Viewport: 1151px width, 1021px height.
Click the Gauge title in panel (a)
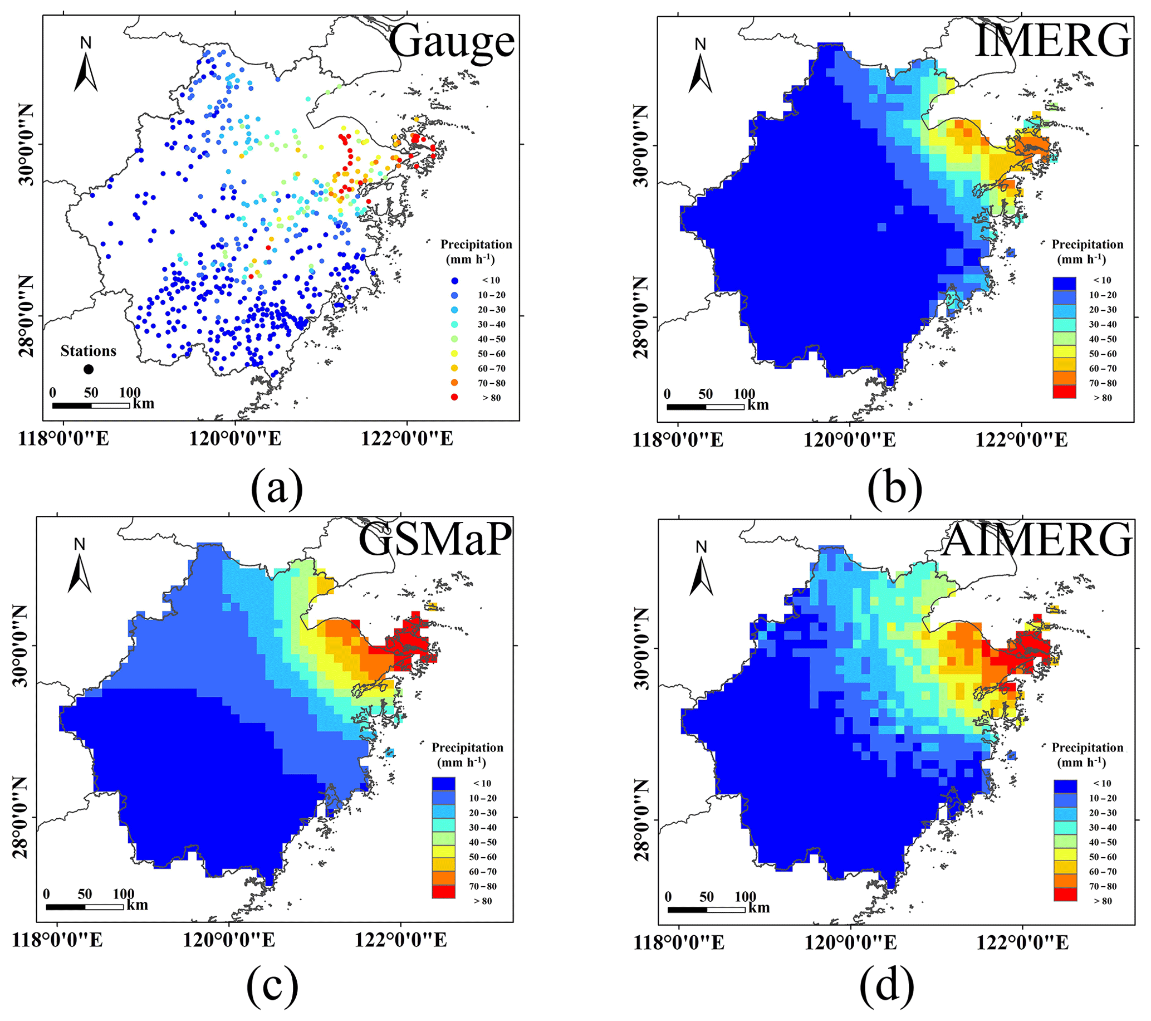point(452,42)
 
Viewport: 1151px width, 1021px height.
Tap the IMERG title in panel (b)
point(1052,41)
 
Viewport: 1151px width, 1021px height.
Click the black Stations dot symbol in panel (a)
point(89,369)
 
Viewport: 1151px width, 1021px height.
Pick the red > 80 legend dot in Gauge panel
point(454,398)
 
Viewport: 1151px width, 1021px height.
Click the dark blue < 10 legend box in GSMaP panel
point(444,784)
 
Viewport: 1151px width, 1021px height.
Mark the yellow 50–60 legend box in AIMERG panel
point(1065,857)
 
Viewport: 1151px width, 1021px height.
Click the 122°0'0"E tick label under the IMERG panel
point(1021,439)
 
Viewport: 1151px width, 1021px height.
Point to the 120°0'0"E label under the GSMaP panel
point(229,940)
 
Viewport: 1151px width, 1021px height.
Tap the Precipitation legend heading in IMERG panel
point(1088,245)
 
